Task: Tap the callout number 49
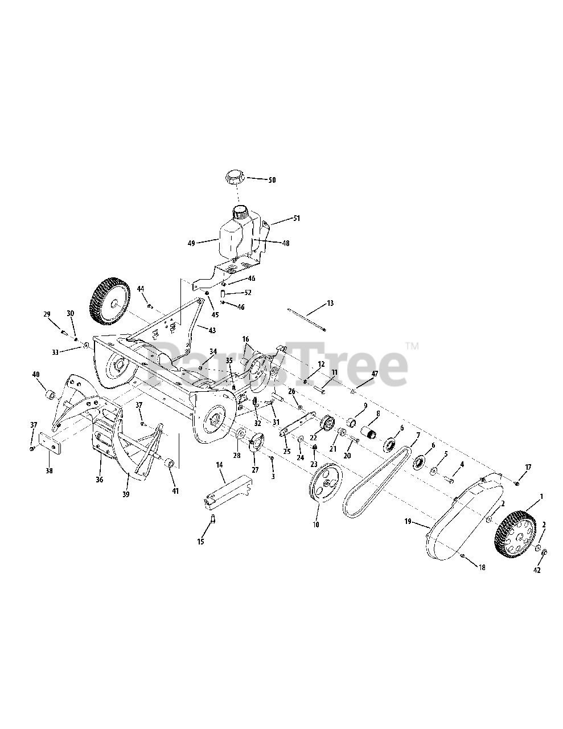(x=191, y=244)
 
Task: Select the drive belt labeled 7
(x=377, y=482)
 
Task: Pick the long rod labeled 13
(x=307, y=320)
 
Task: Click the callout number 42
(x=537, y=570)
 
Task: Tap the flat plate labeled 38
(x=50, y=443)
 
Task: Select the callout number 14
(x=219, y=465)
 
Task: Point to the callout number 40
(x=36, y=374)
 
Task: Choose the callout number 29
(x=47, y=314)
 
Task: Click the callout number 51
(x=297, y=218)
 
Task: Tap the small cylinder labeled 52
(x=223, y=293)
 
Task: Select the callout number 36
(x=99, y=480)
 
